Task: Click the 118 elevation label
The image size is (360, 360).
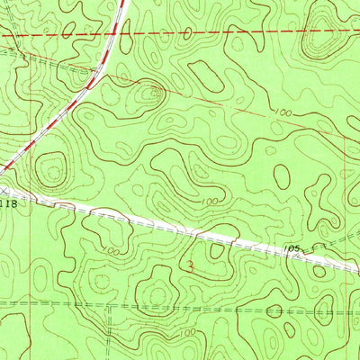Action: coord(8,204)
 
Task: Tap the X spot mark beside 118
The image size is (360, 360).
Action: coord(4,192)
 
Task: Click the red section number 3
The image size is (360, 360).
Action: coord(188,266)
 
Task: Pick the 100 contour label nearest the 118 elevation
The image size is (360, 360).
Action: coord(110,251)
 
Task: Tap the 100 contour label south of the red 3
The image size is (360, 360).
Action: coord(186,333)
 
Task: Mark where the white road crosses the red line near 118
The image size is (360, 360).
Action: coord(33,198)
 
